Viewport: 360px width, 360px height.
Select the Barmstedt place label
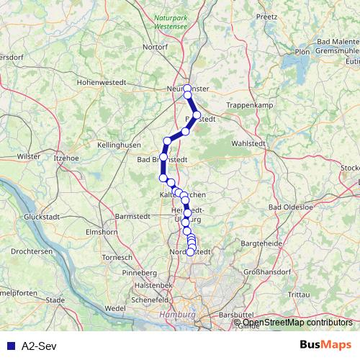[x=131, y=215]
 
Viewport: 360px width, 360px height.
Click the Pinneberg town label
[x=140, y=274]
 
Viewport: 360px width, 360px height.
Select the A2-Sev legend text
[x=36, y=346]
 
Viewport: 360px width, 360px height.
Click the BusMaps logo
[x=325, y=345]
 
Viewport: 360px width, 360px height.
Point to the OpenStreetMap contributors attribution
[x=295, y=323]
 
